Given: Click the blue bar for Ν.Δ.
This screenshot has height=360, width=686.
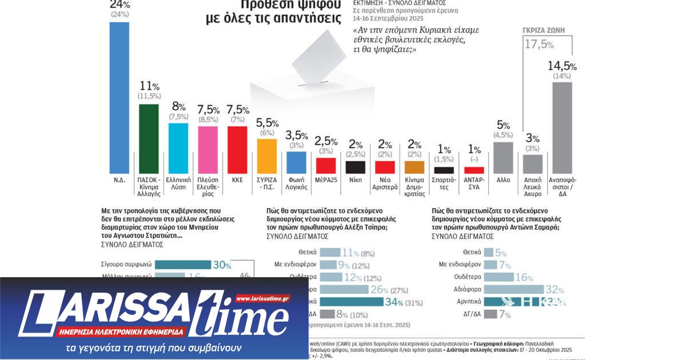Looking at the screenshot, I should coord(119,97).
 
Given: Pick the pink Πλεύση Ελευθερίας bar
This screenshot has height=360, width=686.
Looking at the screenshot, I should coord(208,150).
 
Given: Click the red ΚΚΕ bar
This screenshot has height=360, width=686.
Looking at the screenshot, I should coord(237,150).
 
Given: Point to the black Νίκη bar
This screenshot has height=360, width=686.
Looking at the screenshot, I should coord(356,167).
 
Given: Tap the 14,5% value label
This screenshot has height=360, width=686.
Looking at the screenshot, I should coord(561,66).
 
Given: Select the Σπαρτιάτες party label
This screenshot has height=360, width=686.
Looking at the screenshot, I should coord(444,182).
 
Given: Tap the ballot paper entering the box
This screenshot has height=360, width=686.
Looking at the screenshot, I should coord(317,54).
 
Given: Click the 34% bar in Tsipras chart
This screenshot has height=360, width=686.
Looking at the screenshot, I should coord(348,302).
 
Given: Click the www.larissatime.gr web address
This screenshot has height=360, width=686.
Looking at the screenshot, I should coord(262,298).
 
